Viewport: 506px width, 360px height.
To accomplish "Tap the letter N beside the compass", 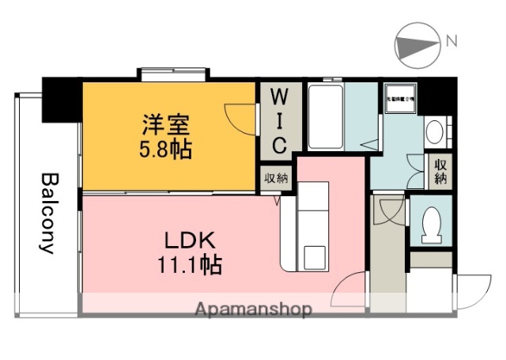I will point(451,40).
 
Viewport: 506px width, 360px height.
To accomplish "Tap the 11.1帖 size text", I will point(188,264).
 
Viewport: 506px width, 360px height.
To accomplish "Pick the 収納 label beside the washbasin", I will point(440,170).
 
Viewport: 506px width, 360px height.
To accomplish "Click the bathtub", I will point(324,119).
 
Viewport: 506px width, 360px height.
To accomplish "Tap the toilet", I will point(431,225).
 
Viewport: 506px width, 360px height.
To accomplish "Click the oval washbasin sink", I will point(434,131).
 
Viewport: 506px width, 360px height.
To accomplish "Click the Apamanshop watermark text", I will point(253,309).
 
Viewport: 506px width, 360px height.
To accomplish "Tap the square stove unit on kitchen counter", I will point(315,256).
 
